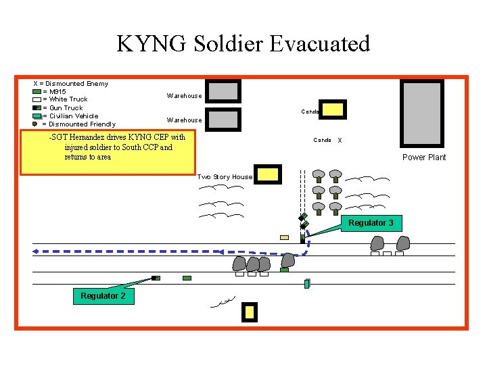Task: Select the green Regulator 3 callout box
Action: (x=371, y=223)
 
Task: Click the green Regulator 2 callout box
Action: (x=103, y=296)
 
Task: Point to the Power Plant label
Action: (x=424, y=157)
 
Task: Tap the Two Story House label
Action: (x=225, y=177)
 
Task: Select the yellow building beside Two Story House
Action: (x=267, y=174)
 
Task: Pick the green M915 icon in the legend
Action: (x=37, y=91)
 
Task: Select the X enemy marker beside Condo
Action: (x=340, y=141)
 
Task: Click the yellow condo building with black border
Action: (x=332, y=109)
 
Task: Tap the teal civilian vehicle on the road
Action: (x=306, y=284)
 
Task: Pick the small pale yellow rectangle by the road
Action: (x=284, y=238)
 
